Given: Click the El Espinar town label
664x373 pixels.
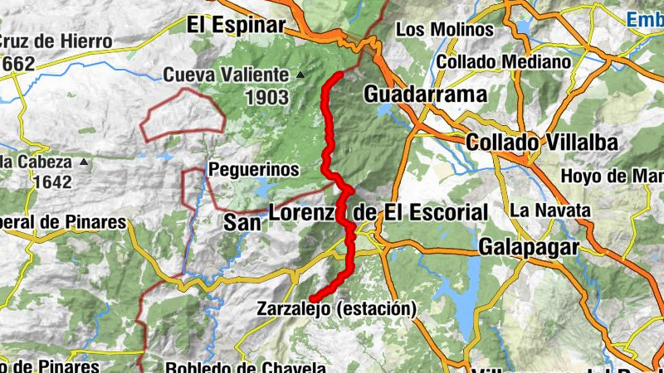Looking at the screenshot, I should [237, 24].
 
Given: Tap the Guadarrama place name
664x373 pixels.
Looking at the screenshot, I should [425, 94].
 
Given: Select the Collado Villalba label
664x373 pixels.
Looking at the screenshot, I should [542, 143].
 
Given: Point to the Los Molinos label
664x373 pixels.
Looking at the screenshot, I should [444, 30].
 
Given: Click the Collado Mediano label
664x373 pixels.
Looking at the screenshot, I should [504, 61].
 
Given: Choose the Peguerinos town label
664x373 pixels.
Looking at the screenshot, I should [253, 169].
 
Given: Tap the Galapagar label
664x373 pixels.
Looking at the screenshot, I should [528, 247].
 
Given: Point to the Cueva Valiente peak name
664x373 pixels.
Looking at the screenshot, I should [226, 75].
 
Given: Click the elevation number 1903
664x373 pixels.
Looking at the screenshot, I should [266, 98].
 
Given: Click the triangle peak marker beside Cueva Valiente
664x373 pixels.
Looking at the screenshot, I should [300, 75].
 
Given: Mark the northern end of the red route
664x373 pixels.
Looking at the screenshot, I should [339, 75].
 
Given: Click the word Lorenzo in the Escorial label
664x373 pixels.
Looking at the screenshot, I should [305, 213].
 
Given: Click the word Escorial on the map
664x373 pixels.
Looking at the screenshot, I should [447, 213].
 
